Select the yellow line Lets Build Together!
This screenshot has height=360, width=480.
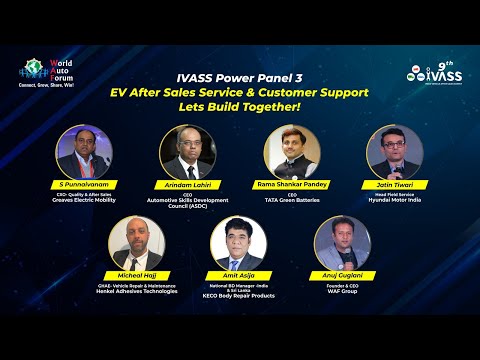[x=239, y=107]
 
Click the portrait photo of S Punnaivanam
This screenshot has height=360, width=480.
[x=84, y=153]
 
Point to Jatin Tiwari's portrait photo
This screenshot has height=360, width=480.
[x=395, y=153]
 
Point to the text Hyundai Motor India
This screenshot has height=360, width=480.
[x=396, y=201]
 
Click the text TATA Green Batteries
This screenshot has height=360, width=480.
[x=292, y=201]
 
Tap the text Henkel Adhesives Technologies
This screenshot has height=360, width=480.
[x=136, y=291]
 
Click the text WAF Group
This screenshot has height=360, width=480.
[x=343, y=291]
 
